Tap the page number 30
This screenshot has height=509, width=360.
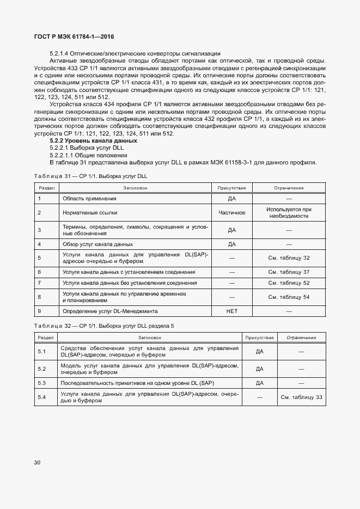coord(37,463)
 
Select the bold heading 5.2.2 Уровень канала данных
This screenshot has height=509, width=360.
coord(86,141)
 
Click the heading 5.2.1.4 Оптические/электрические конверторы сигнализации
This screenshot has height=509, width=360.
coord(135,53)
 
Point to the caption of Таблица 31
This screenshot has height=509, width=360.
coord(90,176)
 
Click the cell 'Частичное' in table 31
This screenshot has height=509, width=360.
coord(231,213)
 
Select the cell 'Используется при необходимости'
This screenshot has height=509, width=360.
coord(289,213)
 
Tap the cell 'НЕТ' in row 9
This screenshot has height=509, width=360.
coord(231,311)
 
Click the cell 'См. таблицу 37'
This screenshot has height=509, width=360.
coord(289,271)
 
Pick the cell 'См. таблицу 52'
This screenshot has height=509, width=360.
coord(289,283)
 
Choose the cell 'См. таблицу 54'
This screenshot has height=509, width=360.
coord(289,297)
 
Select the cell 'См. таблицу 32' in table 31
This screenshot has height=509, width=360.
coord(289,258)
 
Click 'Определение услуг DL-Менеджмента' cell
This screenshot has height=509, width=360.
coord(110,311)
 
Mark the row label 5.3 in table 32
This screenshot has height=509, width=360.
coord(42,383)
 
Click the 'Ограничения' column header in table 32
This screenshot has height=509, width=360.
coord(301,338)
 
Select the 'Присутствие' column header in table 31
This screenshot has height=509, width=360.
coord(231,188)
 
